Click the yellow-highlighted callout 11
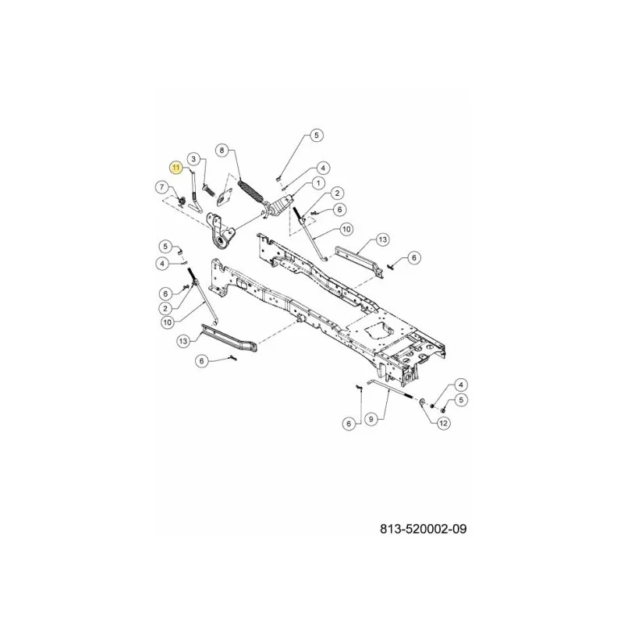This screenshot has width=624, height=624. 176,168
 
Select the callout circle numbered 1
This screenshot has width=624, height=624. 318,183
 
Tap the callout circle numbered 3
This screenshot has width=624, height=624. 193,159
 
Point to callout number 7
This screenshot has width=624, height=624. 162,186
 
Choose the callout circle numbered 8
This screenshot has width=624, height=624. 222,150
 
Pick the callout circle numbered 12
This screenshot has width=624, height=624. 444,423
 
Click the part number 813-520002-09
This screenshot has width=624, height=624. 423,529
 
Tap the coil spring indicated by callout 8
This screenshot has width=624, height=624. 250,191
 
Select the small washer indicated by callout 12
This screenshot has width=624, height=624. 423,402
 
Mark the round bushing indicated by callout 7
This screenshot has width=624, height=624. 181,202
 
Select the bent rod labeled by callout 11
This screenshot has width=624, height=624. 195,191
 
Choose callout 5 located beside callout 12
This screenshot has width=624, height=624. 461,399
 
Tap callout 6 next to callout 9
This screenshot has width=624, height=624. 349,424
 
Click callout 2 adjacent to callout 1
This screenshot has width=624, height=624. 337,193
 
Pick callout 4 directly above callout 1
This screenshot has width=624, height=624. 323,168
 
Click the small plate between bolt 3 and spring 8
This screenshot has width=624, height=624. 224,197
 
